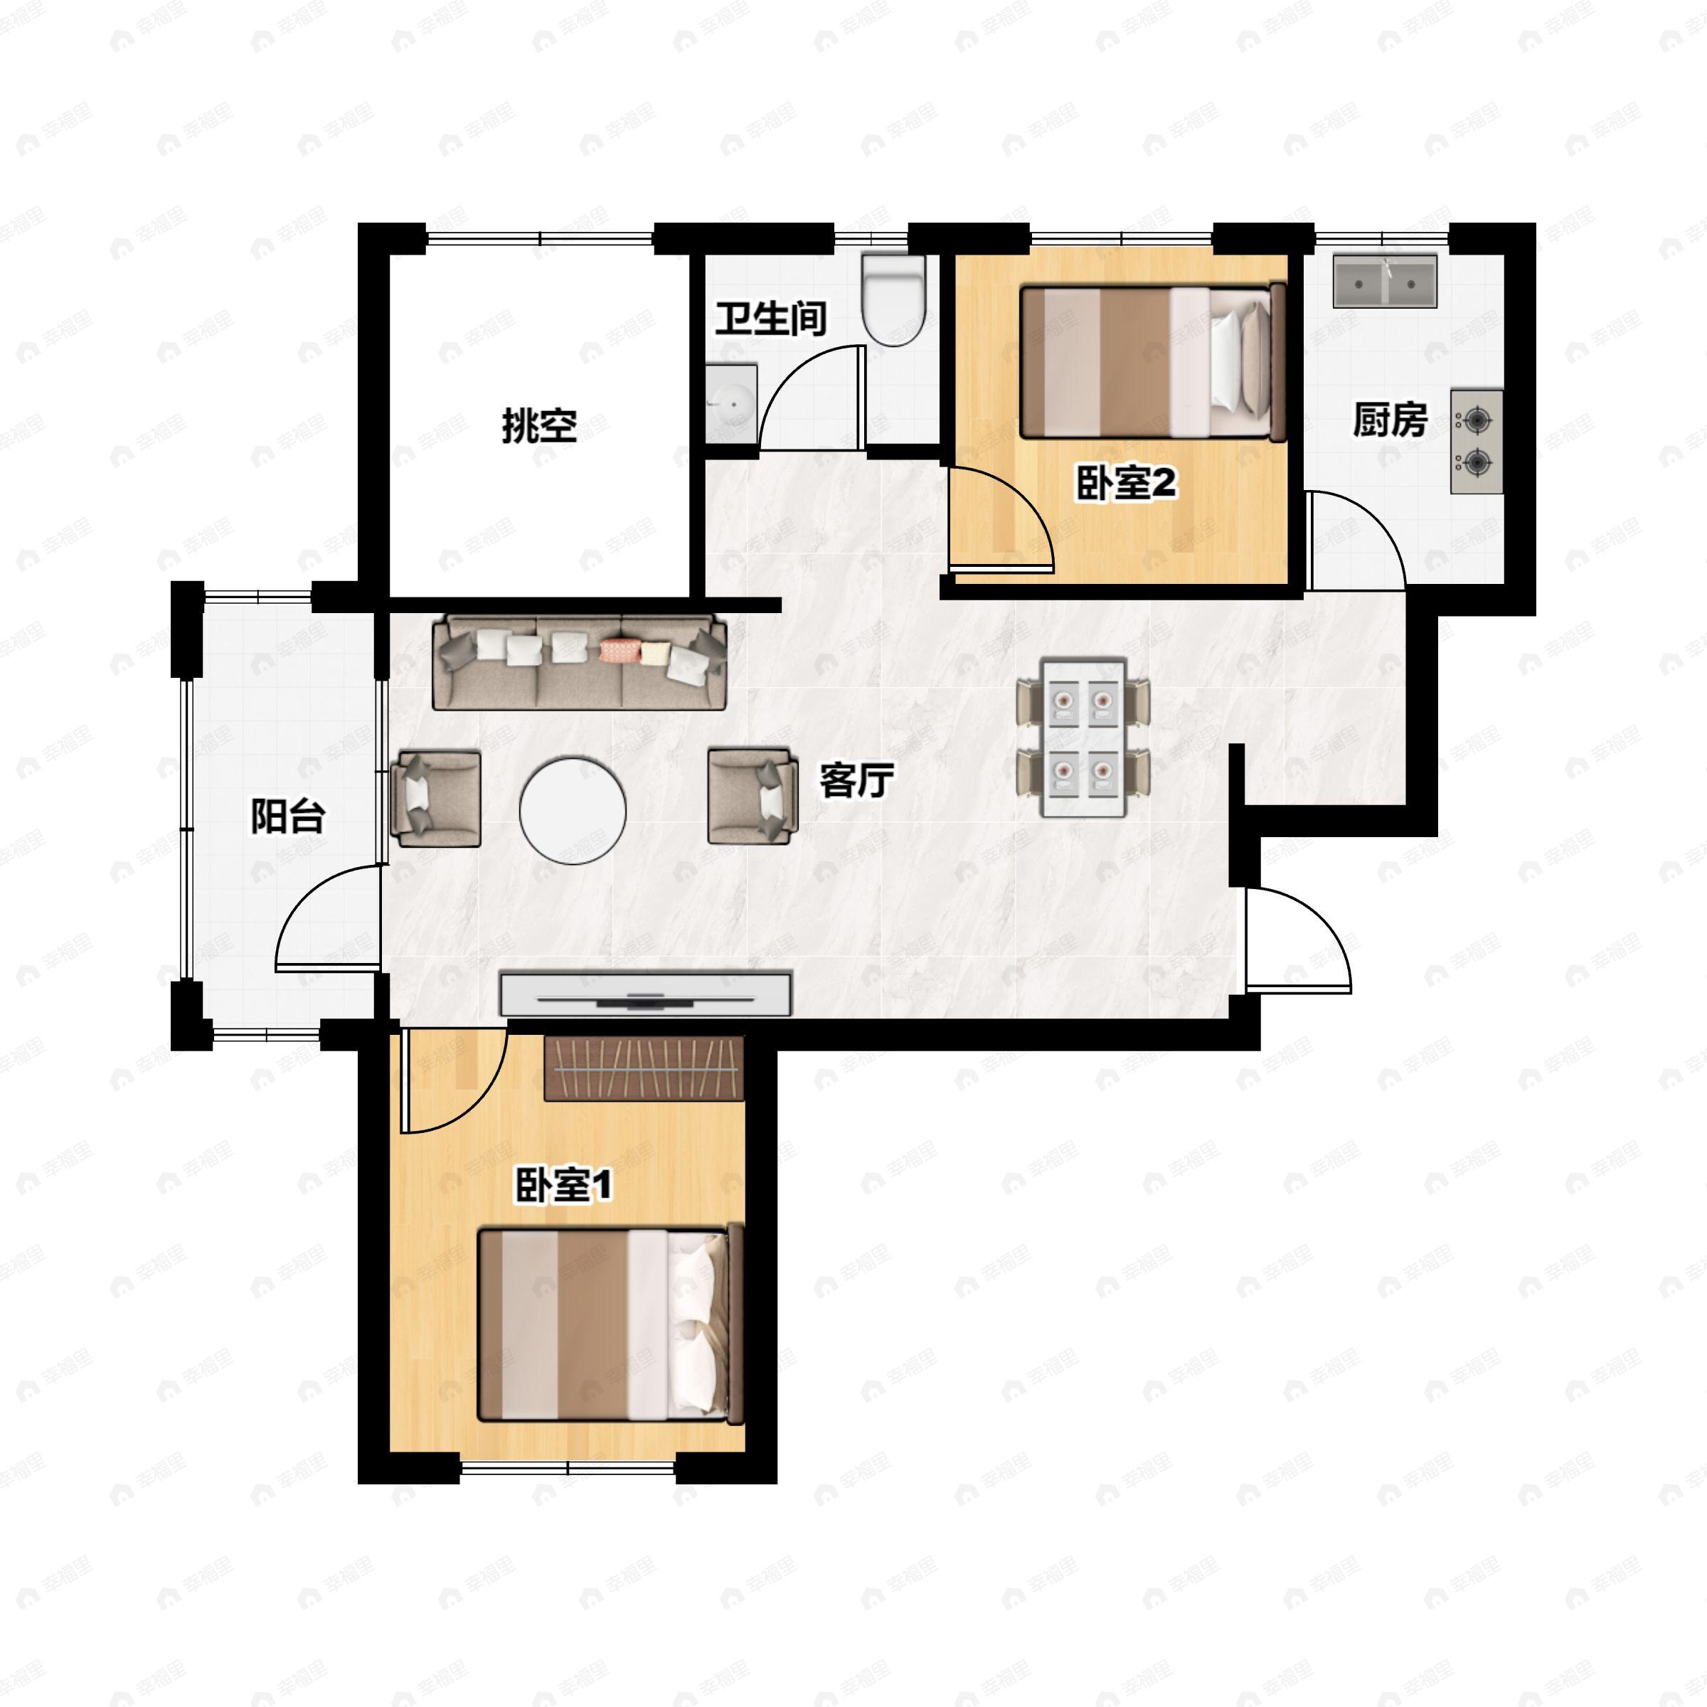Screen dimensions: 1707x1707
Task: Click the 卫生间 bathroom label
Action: coord(770,319)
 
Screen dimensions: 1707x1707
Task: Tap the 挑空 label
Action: coord(540,426)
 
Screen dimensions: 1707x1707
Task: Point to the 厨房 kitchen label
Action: coord(1390,420)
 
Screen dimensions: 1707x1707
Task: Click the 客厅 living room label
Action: coord(856,781)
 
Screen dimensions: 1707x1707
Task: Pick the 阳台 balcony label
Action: coord(288,817)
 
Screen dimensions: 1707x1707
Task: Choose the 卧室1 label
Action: coord(563,1186)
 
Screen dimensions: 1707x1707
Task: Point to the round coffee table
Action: coord(573,809)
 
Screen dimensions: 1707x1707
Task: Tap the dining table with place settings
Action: coord(1083,738)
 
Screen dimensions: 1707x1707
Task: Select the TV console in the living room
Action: coord(646,993)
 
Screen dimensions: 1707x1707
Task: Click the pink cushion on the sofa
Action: coord(619,652)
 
